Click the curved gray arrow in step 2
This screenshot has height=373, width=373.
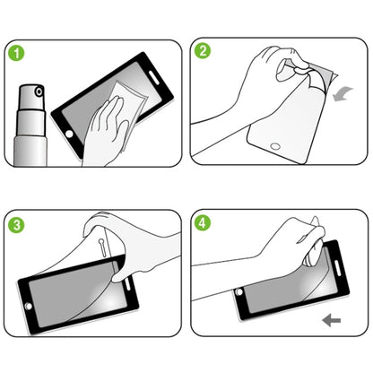tap(343, 91)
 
